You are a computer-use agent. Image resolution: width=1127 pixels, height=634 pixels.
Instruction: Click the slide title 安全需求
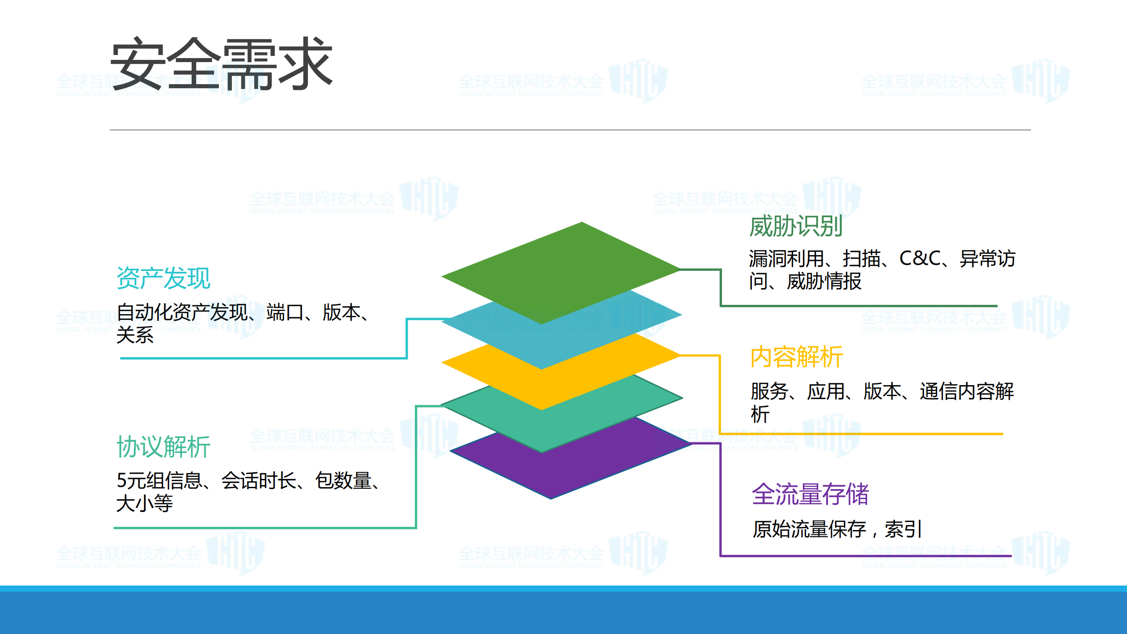(221, 64)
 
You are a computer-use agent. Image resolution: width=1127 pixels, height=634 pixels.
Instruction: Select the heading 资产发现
(163, 278)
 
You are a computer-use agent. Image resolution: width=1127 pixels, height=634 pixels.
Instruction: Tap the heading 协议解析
(163, 447)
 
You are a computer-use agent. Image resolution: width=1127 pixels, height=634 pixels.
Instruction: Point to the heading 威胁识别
(796, 226)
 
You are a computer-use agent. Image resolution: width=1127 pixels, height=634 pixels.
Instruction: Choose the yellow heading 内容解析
(797, 357)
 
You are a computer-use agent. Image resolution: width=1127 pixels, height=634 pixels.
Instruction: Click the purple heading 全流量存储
(810, 494)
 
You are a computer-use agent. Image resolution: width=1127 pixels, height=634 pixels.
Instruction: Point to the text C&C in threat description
(920, 259)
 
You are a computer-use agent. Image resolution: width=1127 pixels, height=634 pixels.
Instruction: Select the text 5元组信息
(159, 481)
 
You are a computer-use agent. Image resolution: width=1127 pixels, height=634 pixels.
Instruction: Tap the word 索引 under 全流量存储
(903, 529)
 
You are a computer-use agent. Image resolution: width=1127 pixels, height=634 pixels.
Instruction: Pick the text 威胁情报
(824, 282)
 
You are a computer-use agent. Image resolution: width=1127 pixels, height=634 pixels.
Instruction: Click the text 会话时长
(259, 481)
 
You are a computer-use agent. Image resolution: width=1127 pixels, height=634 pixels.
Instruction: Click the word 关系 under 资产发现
(135, 335)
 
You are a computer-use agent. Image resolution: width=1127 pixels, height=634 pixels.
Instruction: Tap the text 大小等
(144, 504)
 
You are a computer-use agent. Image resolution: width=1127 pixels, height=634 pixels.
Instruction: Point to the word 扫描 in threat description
(861, 259)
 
